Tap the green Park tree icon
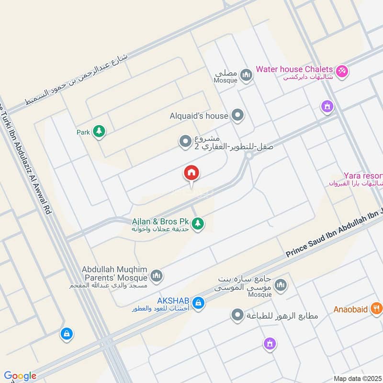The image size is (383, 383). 99,131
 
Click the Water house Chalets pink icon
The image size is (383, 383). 342,71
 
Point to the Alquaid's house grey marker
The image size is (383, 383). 237,115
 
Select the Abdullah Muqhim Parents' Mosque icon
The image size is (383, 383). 156,276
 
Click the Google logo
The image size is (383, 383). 20,376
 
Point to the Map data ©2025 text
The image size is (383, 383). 357,378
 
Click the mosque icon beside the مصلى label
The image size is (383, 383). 246,75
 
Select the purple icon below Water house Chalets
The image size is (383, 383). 327,106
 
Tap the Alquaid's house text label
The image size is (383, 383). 199,116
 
